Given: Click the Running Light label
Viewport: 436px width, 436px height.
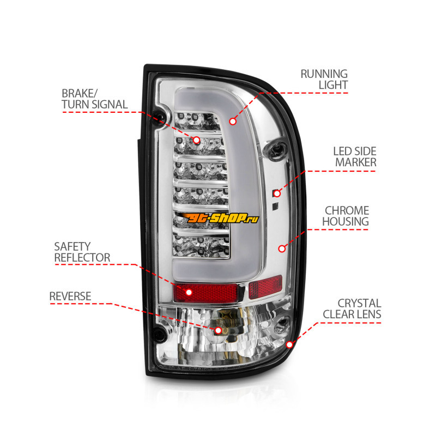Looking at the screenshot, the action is point(324,79).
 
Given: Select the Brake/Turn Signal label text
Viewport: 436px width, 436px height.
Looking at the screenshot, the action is point(94,99).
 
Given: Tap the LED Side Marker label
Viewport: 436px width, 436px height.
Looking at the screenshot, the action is point(355,157).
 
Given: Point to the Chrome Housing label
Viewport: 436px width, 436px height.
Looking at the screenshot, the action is point(346,216).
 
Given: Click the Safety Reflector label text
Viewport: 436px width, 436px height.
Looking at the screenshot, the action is point(82,252).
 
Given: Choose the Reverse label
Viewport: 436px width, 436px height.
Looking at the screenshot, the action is point(70,296).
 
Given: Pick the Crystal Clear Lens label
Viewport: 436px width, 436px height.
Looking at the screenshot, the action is point(352,308).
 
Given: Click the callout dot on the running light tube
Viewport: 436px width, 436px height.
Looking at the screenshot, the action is point(233,121).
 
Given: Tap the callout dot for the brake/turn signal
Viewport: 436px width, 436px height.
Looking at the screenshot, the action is point(196,140).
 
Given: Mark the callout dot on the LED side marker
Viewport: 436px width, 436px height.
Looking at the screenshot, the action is point(277,193).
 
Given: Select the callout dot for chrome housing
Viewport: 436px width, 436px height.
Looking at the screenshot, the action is point(282,249).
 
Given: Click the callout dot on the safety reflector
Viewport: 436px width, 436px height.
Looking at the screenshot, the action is point(189,292).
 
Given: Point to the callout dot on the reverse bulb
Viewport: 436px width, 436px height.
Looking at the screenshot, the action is point(219,330).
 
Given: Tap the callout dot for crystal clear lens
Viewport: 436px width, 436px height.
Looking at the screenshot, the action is point(290,344).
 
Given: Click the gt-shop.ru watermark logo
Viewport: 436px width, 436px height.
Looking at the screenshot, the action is point(217,217).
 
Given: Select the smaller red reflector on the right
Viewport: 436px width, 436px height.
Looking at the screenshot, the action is point(265,287).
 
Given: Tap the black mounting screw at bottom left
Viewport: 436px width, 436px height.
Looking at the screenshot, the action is point(160,334).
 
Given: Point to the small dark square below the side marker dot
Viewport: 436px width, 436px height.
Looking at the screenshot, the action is point(275,206).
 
